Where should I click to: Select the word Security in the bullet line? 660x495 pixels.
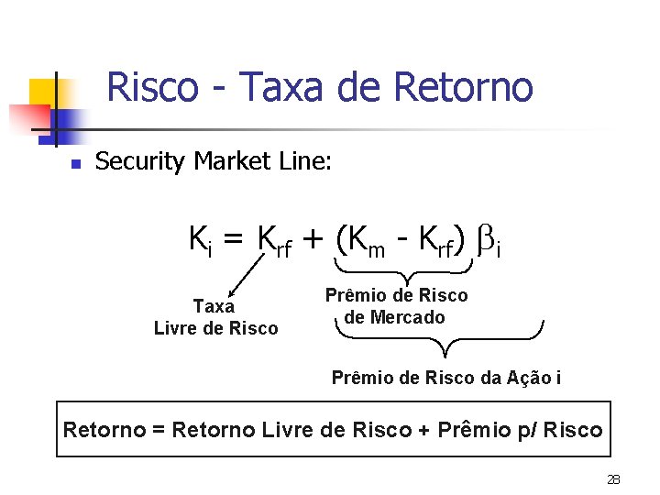point(141,162)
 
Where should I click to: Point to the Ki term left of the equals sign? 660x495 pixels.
point(201,241)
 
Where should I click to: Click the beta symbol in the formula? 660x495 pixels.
point(487,240)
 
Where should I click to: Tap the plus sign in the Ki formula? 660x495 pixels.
point(313,241)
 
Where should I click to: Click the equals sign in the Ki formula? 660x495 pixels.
point(233,241)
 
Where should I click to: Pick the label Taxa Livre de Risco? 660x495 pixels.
point(215,317)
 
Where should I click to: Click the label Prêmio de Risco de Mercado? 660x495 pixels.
point(396,306)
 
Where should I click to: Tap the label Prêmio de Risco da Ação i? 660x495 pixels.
point(446,377)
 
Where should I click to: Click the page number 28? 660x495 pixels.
point(613,479)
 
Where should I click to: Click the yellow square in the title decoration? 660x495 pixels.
point(43,93)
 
